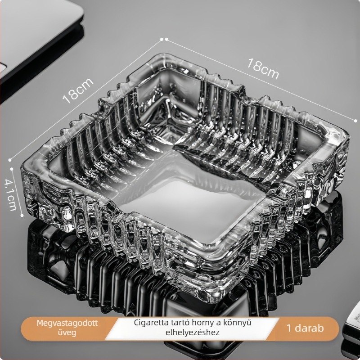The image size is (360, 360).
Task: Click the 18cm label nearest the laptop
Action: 78,91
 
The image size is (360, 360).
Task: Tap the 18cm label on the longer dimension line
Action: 263,69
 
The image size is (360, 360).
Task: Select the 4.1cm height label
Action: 11,195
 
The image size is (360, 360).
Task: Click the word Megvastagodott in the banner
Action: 67,323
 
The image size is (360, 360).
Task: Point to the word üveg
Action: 67,333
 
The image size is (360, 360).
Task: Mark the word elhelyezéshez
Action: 193,332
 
